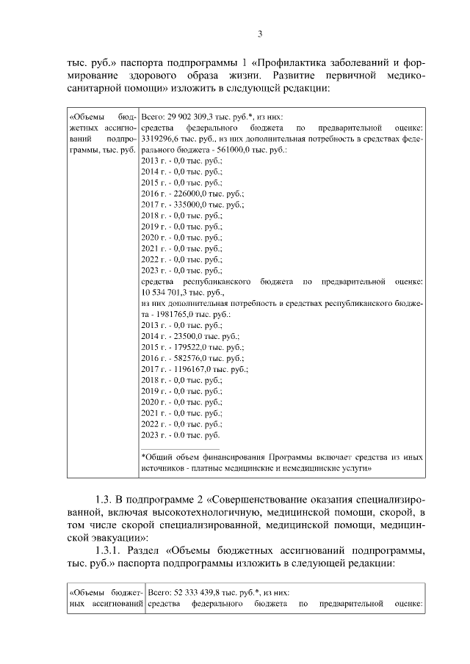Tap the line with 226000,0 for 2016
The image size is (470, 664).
coord(192,193)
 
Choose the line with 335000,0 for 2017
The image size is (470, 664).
coord(192,205)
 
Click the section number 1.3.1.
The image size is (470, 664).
coord(103,549)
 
